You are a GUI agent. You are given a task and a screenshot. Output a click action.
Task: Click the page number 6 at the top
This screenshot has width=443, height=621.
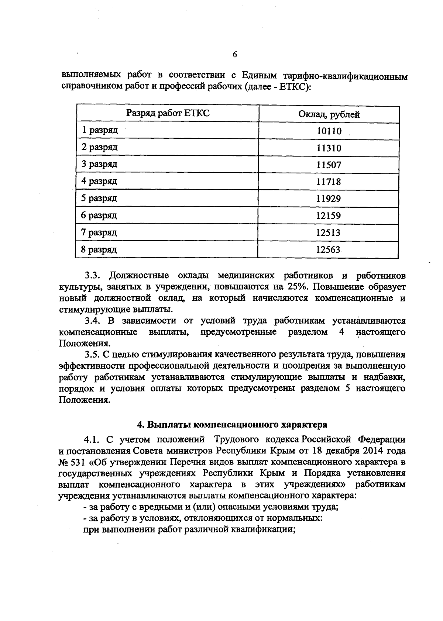pyautogui.click(x=235, y=55)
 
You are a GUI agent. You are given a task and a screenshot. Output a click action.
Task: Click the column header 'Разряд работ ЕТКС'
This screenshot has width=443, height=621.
pyautogui.click(x=168, y=113)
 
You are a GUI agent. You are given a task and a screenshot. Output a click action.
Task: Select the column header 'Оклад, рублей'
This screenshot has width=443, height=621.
pyautogui.click(x=329, y=114)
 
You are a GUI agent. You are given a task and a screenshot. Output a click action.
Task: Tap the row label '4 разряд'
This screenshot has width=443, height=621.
pyautogui.click(x=99, y=181)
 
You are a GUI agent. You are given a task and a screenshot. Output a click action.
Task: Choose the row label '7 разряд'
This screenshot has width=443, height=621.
pyautogui.click(x=99, y=232)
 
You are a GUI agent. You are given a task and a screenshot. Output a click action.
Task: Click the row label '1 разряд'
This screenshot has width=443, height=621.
pyautogui.click(x=99, y=130)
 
